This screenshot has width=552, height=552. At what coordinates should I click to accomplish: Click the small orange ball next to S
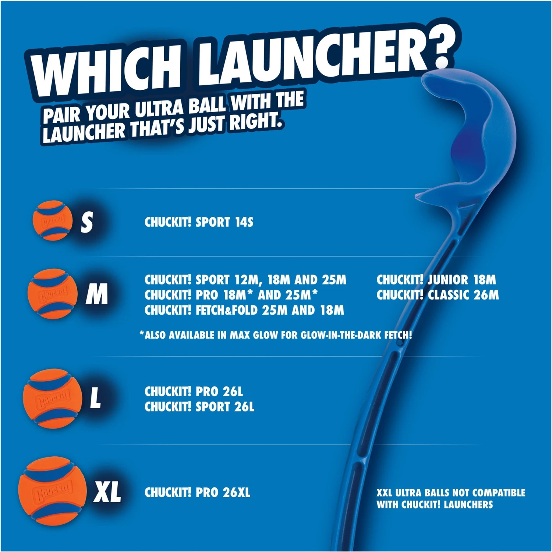(52, 221)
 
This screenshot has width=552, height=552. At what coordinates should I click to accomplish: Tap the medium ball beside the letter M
(53, 294)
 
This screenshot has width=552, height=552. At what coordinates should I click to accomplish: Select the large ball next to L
(52, 398)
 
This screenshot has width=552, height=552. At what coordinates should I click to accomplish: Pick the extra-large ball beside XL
(52, 492)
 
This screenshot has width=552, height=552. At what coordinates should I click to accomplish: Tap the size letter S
(87, 222)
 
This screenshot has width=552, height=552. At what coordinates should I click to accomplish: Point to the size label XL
(107, 492)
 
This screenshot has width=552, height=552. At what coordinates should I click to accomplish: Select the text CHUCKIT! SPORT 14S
(199, 222)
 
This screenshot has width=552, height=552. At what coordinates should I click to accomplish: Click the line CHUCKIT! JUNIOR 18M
(436, 280)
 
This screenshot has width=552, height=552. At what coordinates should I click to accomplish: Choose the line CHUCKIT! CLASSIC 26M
(438, 295)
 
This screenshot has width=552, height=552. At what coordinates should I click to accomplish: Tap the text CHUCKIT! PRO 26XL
(197, 492)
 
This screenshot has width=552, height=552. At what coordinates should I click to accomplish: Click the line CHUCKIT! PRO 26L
(194, 392)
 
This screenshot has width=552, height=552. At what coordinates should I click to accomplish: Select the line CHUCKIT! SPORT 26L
(199, 407)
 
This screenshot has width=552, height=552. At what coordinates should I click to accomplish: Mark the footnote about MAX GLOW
(276, 335)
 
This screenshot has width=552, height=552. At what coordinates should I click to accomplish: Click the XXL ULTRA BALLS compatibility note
(450, 499)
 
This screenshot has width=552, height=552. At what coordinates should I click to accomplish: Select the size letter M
(97, 294)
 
